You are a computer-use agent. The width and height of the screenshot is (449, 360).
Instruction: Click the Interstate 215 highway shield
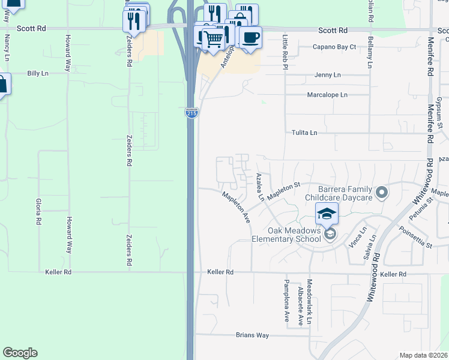tap(191, 113)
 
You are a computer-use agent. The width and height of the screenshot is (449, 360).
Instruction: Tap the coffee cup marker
tap(251, 37)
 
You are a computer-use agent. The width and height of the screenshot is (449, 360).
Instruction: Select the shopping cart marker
tap(213, 39)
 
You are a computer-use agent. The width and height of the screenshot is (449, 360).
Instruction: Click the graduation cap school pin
tap(327, 213)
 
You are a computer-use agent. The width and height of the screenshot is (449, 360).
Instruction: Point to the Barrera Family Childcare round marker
tap(382, 193)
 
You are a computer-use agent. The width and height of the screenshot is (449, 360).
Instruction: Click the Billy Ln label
tap(37, 73)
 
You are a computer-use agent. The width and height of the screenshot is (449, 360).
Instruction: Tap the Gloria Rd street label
tap(38, 211)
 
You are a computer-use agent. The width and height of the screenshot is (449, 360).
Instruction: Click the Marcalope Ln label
tap(327, 95)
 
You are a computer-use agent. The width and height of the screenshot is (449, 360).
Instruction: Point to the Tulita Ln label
tap(304, 133)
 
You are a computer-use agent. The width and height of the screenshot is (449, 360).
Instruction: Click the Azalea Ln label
tap(260, 187)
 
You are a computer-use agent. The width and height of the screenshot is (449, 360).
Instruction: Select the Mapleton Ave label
tap(236, 208)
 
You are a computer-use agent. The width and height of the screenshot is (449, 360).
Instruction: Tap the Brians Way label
tap(252, 335)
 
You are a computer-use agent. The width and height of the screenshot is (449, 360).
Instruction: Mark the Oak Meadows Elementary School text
tap(295, 235)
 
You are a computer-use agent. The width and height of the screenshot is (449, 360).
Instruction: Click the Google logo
tap(20, 353)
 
